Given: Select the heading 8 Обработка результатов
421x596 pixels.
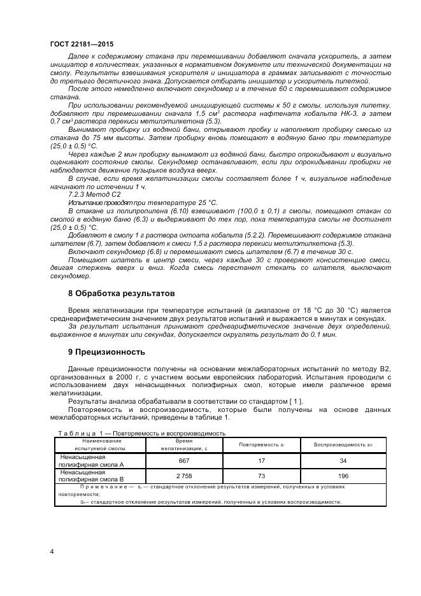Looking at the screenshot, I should (x=120, y=294).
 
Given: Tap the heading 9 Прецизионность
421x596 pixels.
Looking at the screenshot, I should (x=107, y=351).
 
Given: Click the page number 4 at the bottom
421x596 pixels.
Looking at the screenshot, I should (x=52, y=551).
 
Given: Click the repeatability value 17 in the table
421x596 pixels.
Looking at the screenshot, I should (x=260, y=461).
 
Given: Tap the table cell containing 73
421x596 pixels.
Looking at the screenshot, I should (x=260, y=476).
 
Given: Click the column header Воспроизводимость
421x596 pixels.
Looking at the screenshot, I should (x=343, y=444).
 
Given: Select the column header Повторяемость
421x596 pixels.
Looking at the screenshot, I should (x=260, y=444).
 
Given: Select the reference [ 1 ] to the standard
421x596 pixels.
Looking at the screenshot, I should (x=296, y=401).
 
